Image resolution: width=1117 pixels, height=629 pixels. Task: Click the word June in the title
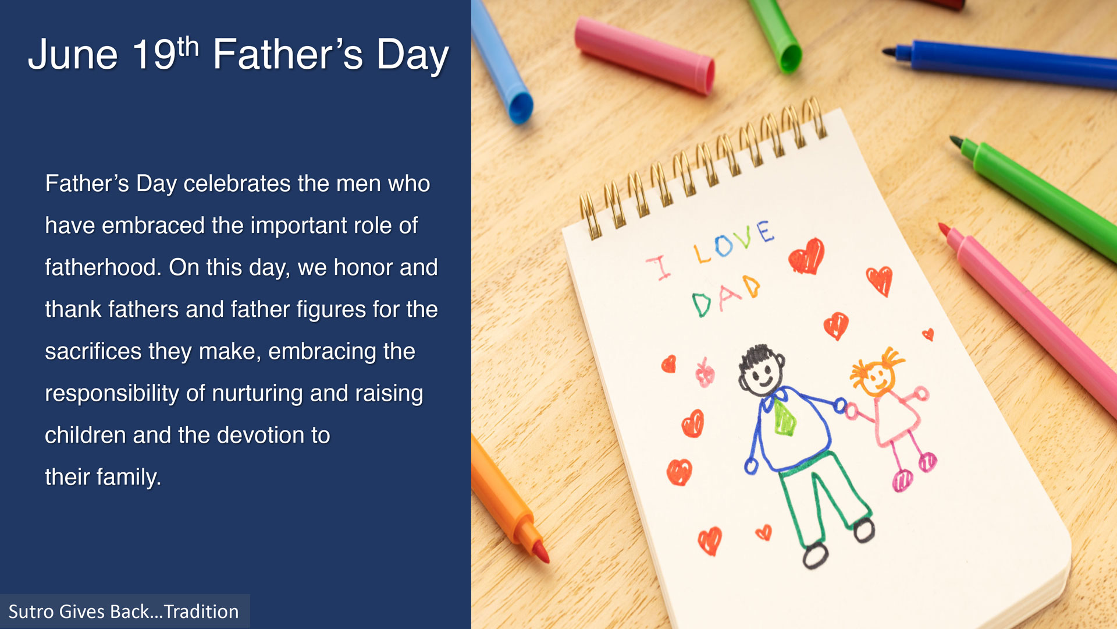[x=73, y=55]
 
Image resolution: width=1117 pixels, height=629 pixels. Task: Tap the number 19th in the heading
[x=166, y=54]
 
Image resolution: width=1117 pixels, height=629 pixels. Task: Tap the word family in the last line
[x=129, y=478]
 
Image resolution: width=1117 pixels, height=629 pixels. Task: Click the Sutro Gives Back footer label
[x=123, y=612]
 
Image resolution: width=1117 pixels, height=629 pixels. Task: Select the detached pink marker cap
[x=645, y=55]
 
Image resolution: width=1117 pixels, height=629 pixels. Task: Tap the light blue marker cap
[x=501, y=61]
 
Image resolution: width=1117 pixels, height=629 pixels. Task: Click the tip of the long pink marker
[x=943, y=228]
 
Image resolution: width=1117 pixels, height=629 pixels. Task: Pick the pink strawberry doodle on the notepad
[x=705, y=373]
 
